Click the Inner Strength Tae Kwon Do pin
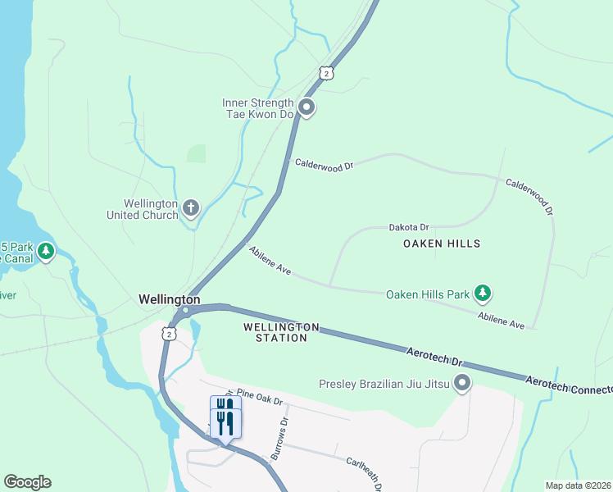pos(306,107)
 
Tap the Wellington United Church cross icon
pos(190,208)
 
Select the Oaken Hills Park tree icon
pos(484,293)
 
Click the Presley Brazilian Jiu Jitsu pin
pos(462,383)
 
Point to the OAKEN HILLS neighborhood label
pos(442,244)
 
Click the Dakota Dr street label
pos(409,226)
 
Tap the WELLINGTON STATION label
pos(281,332)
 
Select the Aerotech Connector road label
pos(569,386)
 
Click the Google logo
pos(27,482)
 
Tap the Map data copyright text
pos(579,485)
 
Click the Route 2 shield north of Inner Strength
pos(327,73)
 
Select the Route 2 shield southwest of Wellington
pos(168,334)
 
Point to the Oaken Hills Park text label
pos(428,294)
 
